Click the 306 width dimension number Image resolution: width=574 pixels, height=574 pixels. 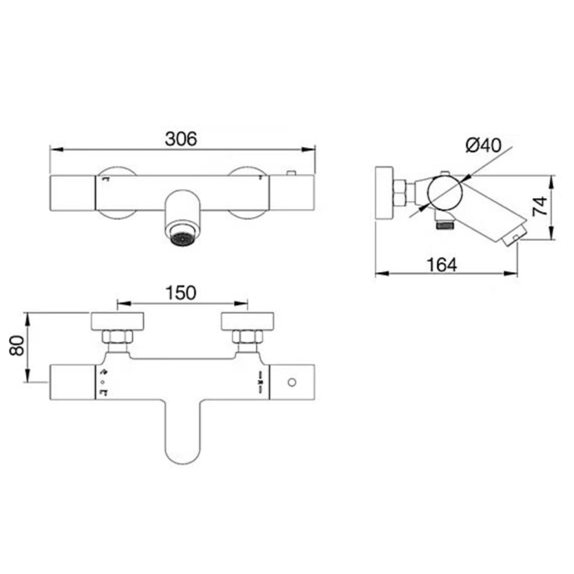[x=181, y=138]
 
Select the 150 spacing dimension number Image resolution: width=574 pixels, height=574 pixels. [x=181, y=293]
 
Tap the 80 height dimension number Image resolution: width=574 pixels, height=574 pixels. [x=17, y=345]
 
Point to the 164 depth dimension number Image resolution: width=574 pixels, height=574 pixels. [x=442, y=265]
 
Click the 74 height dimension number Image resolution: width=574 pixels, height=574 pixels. [x=540, y=207]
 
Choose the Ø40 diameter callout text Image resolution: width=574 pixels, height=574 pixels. [x=483, y=145]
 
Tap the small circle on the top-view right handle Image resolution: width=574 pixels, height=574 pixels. [x=292, y=382]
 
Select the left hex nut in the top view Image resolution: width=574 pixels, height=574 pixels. [x=117, y=337]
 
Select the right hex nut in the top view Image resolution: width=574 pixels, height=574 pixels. [x=247, y=337]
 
